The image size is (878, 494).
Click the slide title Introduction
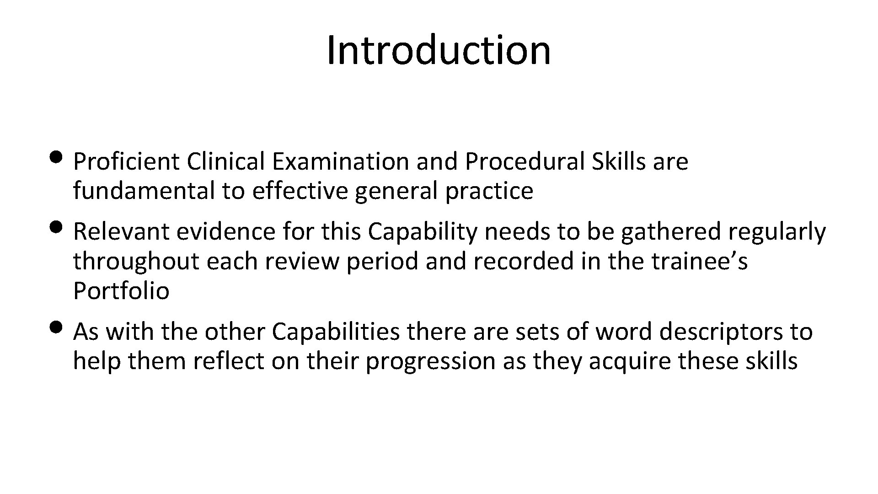[439, 50]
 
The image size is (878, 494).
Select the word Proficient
[126, 161]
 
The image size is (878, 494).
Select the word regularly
[777, 231]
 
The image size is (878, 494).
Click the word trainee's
[700, 261]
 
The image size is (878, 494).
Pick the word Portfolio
[121, 291]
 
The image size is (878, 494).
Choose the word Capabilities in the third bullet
[336, 332]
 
